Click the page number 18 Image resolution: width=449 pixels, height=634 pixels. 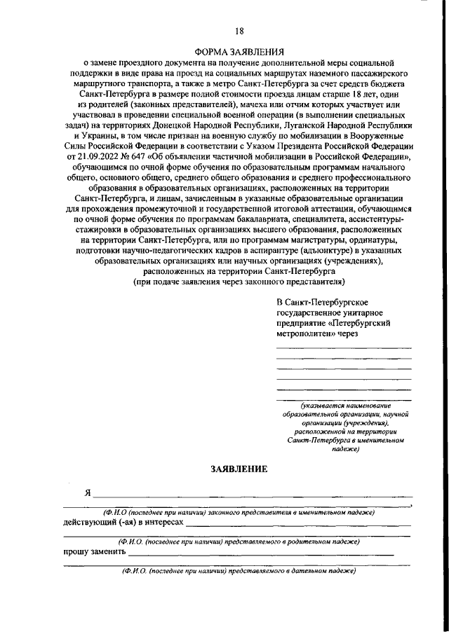(x=239, y=30)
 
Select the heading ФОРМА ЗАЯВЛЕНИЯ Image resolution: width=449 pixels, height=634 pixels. (x=239, y=51)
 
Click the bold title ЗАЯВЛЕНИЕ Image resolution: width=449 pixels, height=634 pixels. (x=239, y=469)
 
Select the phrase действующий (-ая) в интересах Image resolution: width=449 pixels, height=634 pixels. (x=123, y=523)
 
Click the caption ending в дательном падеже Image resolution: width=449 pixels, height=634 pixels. (x=238, y=571)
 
